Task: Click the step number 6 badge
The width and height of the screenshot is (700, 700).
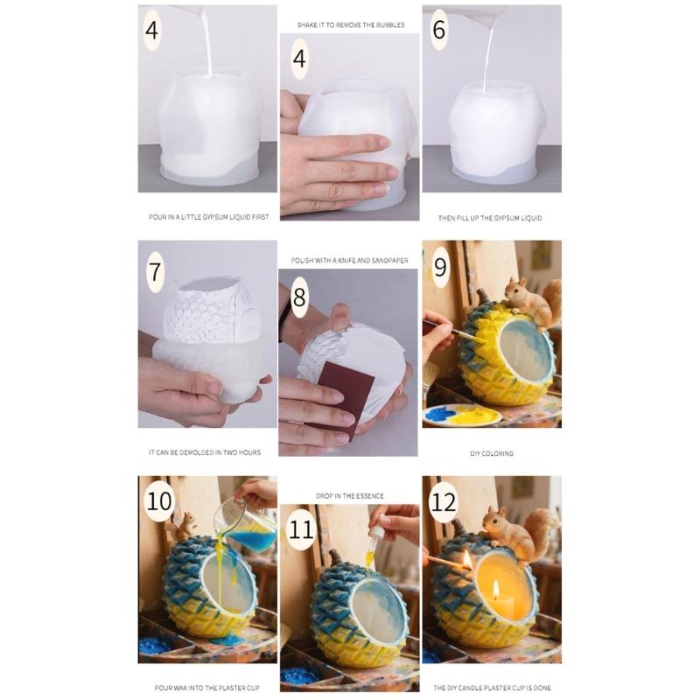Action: [439, 31]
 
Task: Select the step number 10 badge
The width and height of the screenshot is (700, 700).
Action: [159, 502]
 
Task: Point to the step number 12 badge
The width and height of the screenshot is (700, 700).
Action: [443, 502]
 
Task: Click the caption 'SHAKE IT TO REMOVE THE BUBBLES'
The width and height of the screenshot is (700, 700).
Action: [349, 25]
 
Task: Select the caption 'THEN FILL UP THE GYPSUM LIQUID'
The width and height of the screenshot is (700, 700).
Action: [490, 217]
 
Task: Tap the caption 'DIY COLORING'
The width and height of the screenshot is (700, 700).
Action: [492, 453]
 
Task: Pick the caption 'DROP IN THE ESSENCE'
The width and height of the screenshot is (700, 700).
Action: [349, 496]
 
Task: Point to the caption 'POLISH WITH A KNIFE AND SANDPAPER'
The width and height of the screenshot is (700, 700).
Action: [349, 261]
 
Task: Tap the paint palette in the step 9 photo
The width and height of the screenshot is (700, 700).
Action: [461, 415]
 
